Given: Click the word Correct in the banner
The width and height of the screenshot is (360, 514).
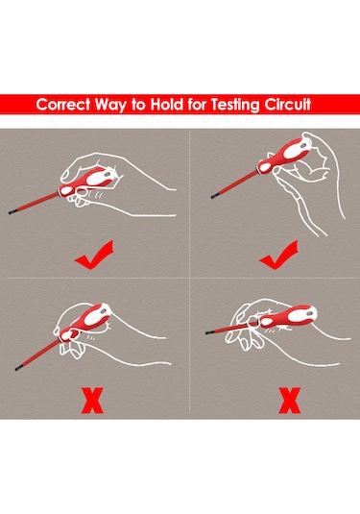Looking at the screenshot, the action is tap(63, 105).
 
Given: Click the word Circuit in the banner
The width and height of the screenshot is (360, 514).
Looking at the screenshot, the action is tap(288, 105).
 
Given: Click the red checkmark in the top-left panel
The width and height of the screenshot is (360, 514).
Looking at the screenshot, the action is tap(94, 256).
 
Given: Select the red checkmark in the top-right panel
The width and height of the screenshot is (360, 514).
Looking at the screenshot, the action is tap(278, 256).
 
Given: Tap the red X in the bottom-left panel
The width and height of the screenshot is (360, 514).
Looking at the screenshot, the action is tap(92, 401).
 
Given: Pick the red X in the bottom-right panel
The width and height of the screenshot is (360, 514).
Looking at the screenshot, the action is tap(290, 401).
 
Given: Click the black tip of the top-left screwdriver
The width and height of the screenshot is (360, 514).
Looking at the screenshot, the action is tap(12, 212).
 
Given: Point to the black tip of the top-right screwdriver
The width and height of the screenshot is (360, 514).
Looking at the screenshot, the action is tap(214, 196).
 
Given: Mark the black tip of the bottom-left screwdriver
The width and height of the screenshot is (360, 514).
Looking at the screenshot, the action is tap(18, 368).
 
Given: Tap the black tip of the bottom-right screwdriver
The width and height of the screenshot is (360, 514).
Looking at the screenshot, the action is tap(209, 332).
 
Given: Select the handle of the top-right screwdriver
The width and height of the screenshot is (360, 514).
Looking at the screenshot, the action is tap(283, 156).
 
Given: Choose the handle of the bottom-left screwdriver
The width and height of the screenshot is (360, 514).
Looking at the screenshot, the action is tap(85, 322).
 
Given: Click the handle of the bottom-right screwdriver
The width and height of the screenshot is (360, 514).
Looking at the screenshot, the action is tap(288, 317).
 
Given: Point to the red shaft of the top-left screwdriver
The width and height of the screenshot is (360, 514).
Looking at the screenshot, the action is tap(37, 203).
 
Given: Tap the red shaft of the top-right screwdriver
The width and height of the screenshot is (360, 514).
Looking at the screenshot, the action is tap(238, 184).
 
